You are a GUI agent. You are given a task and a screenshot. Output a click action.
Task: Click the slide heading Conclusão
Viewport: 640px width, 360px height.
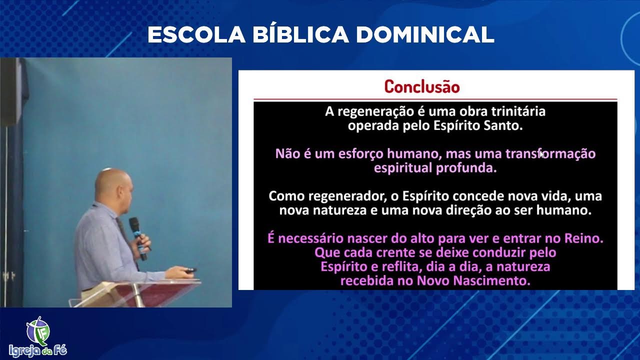pyautogui.click(x=421, y=86)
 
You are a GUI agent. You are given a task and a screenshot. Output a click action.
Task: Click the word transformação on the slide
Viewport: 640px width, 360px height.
pyautogui.click(x=550, y=153)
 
